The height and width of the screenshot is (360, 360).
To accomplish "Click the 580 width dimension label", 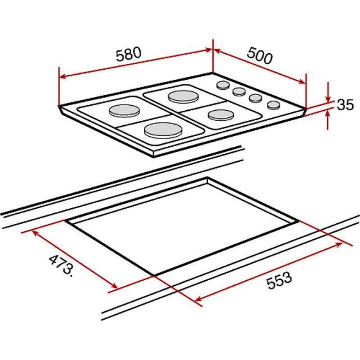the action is (128, 54).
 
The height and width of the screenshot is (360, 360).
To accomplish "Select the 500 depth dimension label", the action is (260, 55).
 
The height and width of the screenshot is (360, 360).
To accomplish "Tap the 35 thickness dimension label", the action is (345, 105).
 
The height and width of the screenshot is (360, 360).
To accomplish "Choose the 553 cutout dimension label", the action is (279, 280).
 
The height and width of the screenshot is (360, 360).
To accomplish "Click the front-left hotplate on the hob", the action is (124, 111).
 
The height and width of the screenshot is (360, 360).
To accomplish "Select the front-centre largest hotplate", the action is (163, 130).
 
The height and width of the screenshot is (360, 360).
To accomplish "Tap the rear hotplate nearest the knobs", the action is (183, 97).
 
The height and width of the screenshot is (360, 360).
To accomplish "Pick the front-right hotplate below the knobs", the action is (221, 115).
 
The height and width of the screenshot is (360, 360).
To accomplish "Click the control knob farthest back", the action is (223, 85).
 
